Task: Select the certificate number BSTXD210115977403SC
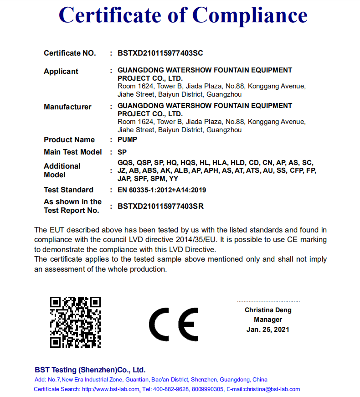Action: click(160, 53)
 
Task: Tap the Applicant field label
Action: click(61, 72)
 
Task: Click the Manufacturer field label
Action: click(67, 107)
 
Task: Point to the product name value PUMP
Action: click(128, 139)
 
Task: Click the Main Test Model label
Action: click(73, 152)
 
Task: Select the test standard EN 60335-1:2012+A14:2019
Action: click(162, 190)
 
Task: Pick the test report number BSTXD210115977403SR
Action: click(160, 206)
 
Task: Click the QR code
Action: click(75, 322)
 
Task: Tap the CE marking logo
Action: click(174, 324)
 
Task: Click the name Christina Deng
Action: click(268, 310)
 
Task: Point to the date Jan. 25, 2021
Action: click(268, 330)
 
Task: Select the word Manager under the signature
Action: click(268, 320)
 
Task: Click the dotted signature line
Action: click(268, 302)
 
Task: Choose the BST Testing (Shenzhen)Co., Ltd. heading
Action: click(90, 370)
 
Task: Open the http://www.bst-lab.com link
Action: click(110, 389)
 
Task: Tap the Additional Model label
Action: click(62, 170)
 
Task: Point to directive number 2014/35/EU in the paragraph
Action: click(201, 240)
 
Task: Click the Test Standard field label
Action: click(68, 190)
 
